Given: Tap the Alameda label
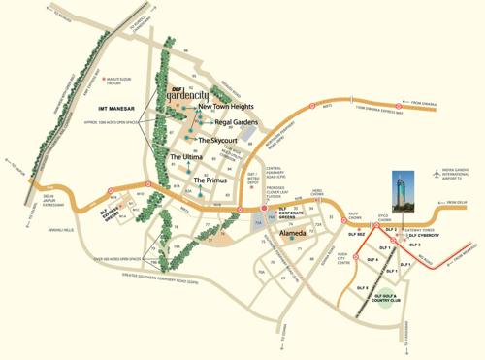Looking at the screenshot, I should (x=293, y=234).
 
